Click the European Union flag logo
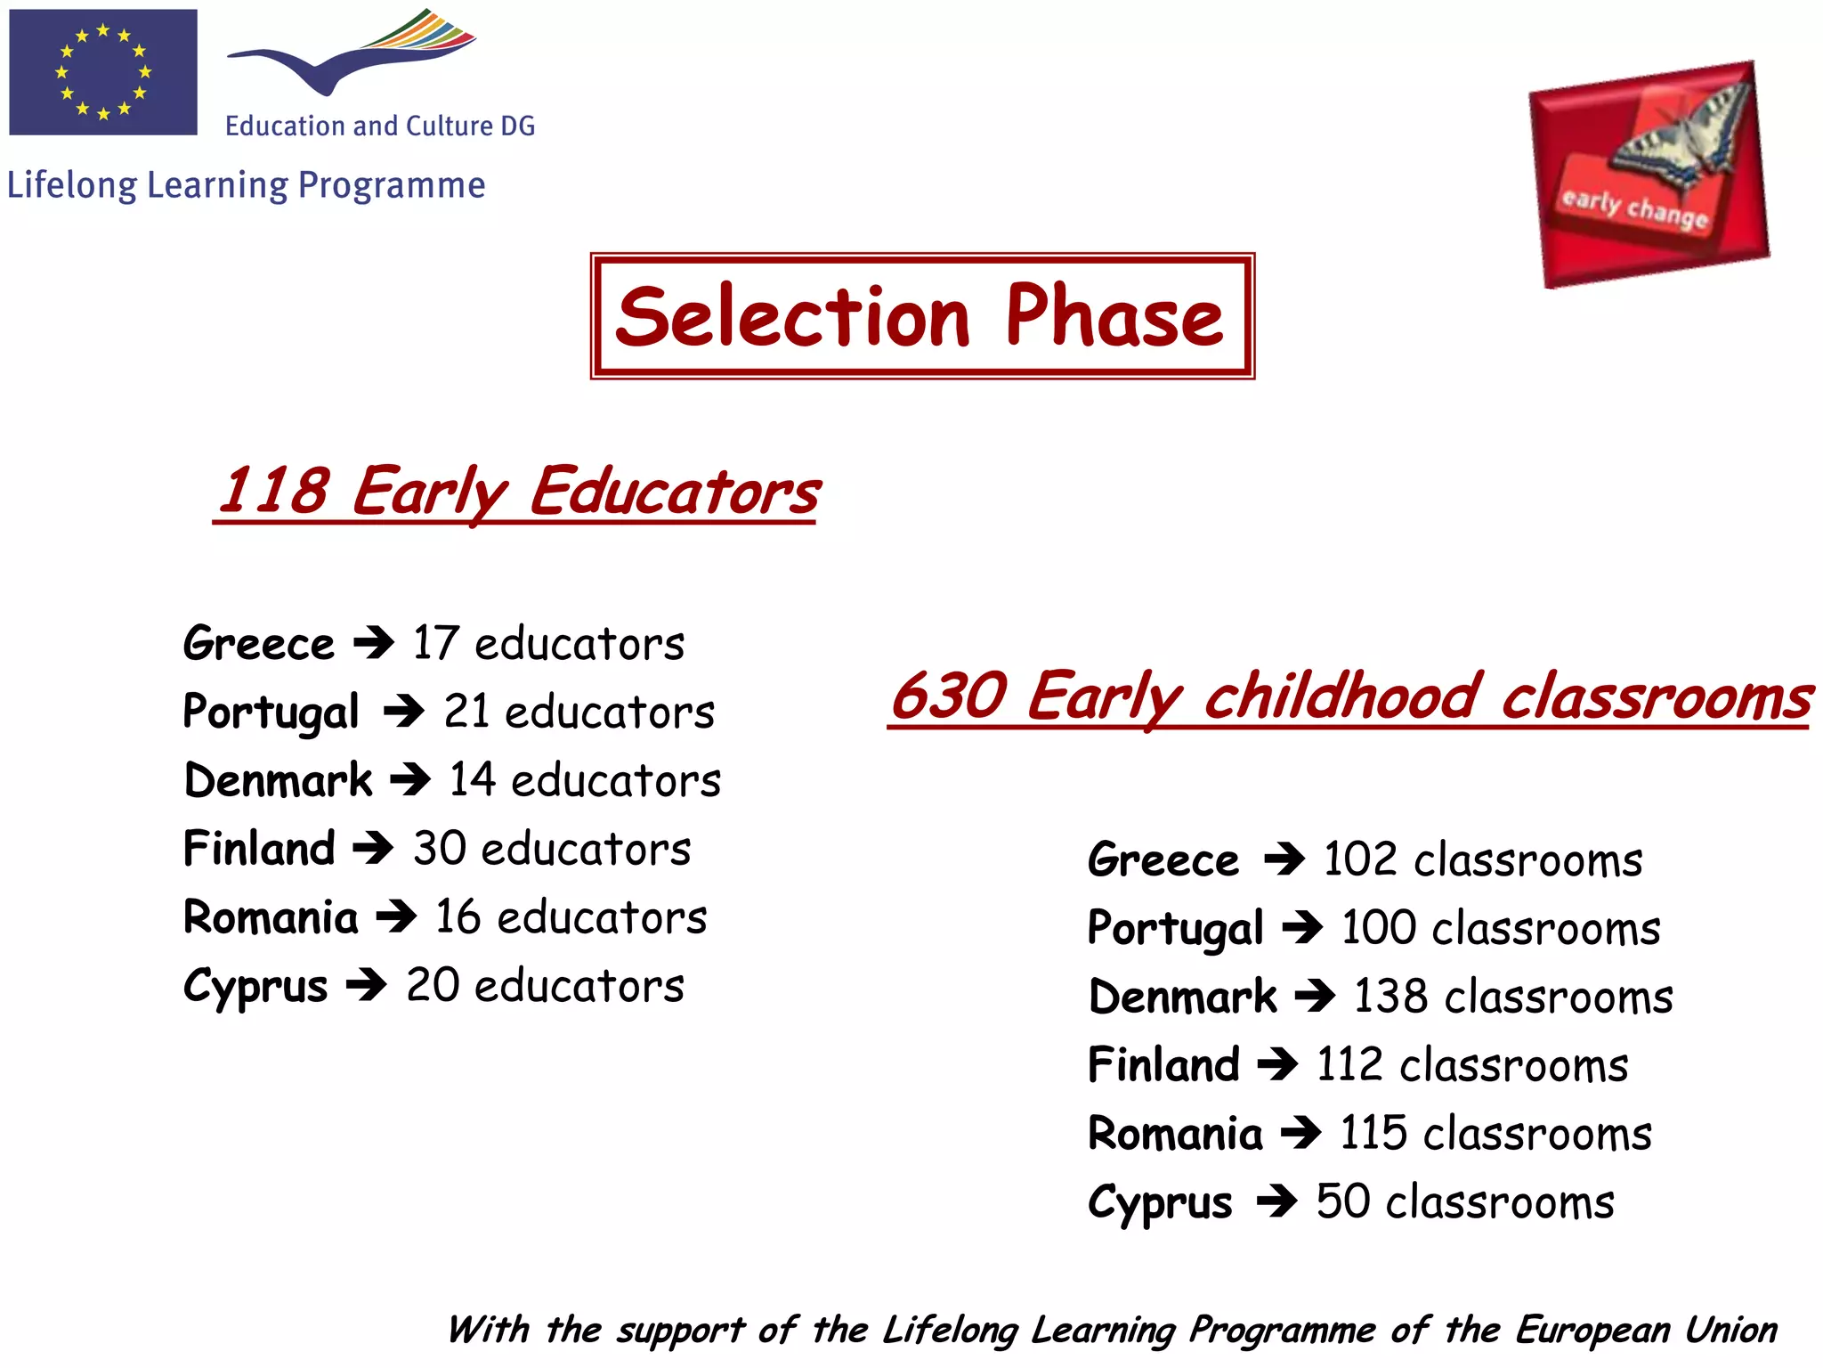point(103,72)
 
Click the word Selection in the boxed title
point(792,318)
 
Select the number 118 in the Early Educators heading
point(274,491)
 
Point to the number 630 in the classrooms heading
point(949,696)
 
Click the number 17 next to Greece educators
point(435,643)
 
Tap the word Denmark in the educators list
point(278,780)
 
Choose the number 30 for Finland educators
point(440,849)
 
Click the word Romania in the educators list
point(271,917)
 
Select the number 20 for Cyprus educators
point(433,986)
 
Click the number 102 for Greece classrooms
point(1359,860)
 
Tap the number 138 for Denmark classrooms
point(1390,997)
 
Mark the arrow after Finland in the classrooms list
point(1276,1064)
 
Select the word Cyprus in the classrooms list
point(1160,1203)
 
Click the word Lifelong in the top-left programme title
point(72,185)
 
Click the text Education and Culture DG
point(380,126)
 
